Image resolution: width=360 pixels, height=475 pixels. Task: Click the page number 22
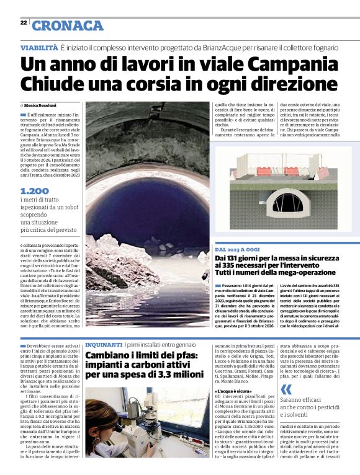23,22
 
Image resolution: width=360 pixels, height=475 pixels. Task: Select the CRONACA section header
68,25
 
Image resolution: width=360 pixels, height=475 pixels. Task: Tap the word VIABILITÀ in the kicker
39,47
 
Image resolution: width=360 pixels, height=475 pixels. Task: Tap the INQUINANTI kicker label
104,343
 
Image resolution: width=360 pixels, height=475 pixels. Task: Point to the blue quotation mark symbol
286,389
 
